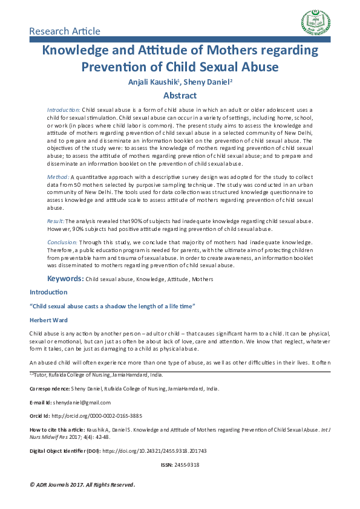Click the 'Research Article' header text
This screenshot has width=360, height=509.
click(x=65, y=31)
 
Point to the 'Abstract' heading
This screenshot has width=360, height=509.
click(x=180, y=96)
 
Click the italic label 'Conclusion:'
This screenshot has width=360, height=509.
click(x=62, y=242)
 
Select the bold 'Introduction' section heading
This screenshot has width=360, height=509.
click(x=48, y=293)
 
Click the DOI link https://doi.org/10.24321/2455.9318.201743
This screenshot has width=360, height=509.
click(x=159, y=451)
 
